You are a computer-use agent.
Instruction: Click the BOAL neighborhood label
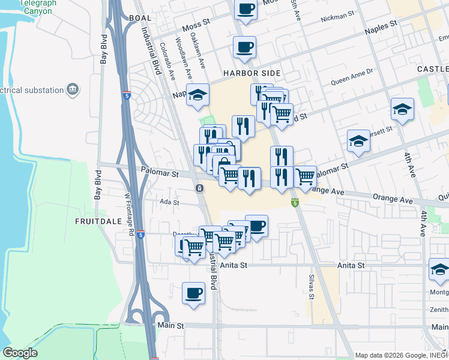coord(140,18)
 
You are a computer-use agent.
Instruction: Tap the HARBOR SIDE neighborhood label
coord(252,73)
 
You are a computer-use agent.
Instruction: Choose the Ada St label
coord(169,202)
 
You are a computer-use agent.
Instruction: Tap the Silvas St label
coord(312,287)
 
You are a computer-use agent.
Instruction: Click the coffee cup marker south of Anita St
coord(193,293)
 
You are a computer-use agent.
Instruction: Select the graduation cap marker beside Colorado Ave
coord(197,95)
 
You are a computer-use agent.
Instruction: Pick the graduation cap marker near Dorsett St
coord(358,142)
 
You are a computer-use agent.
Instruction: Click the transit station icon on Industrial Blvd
coord(199,188)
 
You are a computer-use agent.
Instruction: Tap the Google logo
coord(20,353)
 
